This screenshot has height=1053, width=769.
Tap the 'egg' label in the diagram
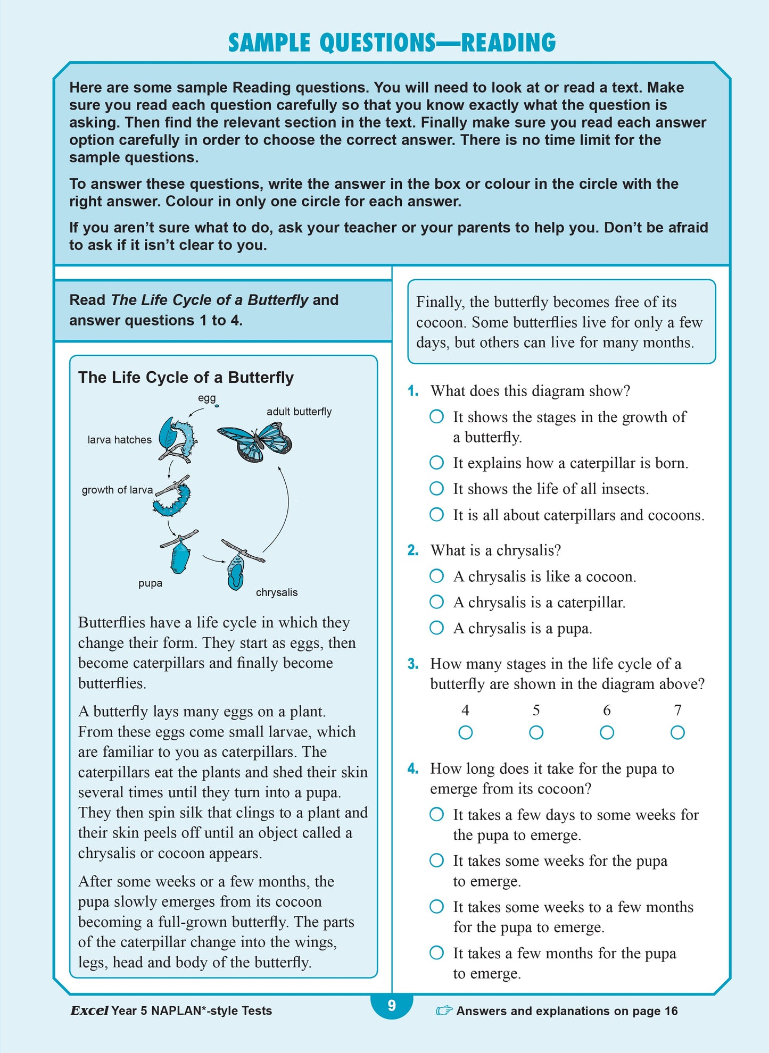pyautogui.click(x=206, y=398)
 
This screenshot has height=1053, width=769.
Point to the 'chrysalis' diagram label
pyautogui.click(x=277, y=592)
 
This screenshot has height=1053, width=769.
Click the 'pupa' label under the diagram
pyautogui.click(x=150, y=583)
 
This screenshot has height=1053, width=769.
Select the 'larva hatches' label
pyautogui.click(x=119, y=440)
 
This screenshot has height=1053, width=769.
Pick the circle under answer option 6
pyautogui.click(x=607, y=733)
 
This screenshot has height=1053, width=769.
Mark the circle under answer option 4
pyautogui.click(x=465, y=733)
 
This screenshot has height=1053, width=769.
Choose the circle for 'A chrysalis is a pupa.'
pyautogui.click(x=436, y=628)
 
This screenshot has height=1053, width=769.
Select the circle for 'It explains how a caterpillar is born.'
pyautogui.click(x=436, y=463)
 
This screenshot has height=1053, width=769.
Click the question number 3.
pyautogui.click(x=413, y=664)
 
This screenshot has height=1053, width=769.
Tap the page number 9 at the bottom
pyautogui.click(x=392, y=1005)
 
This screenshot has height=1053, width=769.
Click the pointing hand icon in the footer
pyautogui.click(x=444, y=1010)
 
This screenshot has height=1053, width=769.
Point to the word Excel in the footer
pyautogui.click(x=89, y=1010)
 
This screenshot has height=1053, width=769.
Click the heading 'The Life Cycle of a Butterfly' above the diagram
pyautogui.click(x=186, y=378)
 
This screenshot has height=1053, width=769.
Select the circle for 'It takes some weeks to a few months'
pyautogui.click(x=436, y=907)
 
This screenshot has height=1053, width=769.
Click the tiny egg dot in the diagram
pyautogui.click(x=217, y=406)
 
